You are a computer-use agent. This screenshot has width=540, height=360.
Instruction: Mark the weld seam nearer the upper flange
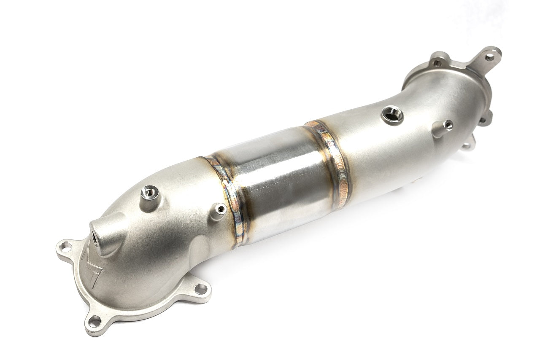[x=331, y=156]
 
